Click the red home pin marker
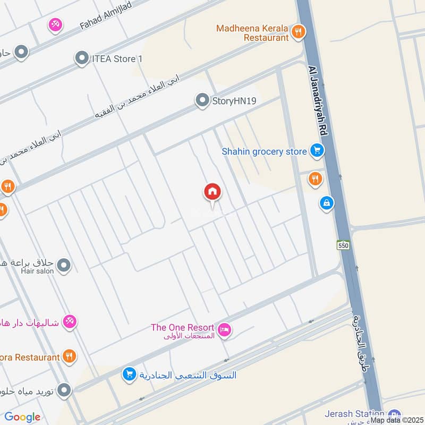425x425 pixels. click(x=212, y=192)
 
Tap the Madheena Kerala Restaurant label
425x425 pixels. click(x=252, y=32)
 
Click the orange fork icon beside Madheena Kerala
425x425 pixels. click(x=300, y=32)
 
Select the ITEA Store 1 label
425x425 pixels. click(x=117, y=58)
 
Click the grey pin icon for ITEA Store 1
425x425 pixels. click(x=82, y=58)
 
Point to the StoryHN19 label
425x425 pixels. click(x=235, y=100)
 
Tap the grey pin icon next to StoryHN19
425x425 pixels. click(x=202, y=100)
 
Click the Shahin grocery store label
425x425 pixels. click(x=264, y=152)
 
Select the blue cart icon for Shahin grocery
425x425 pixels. click(x=317, y=151)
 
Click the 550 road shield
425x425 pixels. click(x=343, y=244)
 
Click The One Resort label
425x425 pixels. click(x=182, y=328)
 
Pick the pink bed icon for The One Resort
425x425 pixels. click(x=225, y=330)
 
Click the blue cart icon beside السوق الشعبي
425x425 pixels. click(x=129, y=375)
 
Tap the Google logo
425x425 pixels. click(x=22, y=418)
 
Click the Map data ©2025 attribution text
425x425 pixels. click(x=396, y=420)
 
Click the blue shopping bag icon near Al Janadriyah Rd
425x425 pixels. click(x=326, y=202)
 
